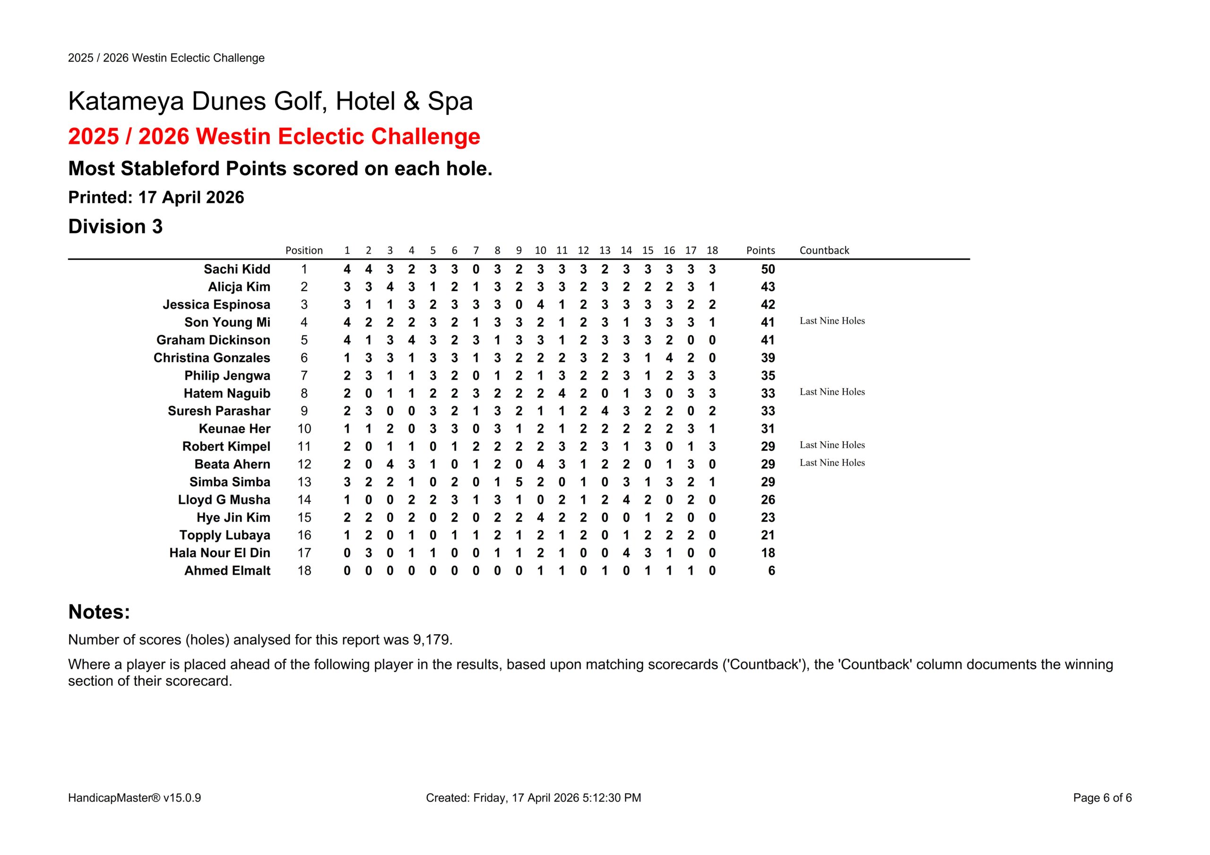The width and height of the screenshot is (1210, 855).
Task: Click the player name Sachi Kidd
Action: tap(237, 269)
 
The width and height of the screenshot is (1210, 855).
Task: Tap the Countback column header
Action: tap(824, 250)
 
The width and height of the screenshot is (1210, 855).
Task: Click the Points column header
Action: tap(760, 250)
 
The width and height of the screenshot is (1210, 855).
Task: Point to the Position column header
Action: tap(303, 250)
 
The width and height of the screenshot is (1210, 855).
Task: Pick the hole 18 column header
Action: tap(711, 250)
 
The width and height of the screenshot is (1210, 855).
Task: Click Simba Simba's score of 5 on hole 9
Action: tap(519, 482)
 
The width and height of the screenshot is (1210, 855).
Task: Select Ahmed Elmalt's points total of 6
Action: tap(771, 570)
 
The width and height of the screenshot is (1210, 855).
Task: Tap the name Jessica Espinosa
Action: tap(216, 305)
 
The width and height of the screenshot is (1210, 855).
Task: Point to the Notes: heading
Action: tap(99, 612)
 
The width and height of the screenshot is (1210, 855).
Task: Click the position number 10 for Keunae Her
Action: tap(304, 429)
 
